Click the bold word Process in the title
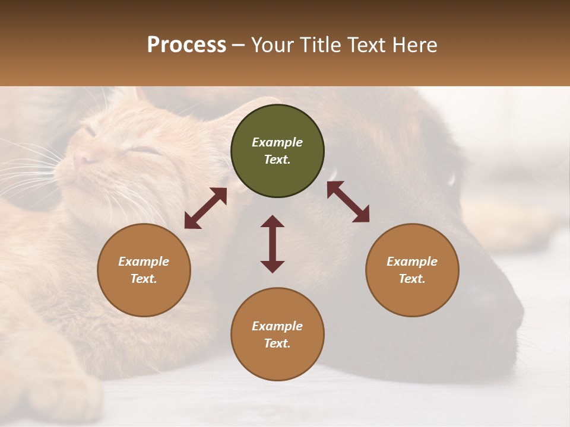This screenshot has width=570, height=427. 186,45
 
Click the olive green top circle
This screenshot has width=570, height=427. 277,151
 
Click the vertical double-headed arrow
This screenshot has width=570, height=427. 273,244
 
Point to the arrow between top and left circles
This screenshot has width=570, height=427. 205,208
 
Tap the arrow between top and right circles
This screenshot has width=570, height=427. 348,202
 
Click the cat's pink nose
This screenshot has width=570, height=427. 81,158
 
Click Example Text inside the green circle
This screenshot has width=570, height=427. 277,151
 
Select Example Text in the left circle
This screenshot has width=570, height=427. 144,270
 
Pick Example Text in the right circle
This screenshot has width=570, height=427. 412,270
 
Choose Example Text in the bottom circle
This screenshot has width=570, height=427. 277,334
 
